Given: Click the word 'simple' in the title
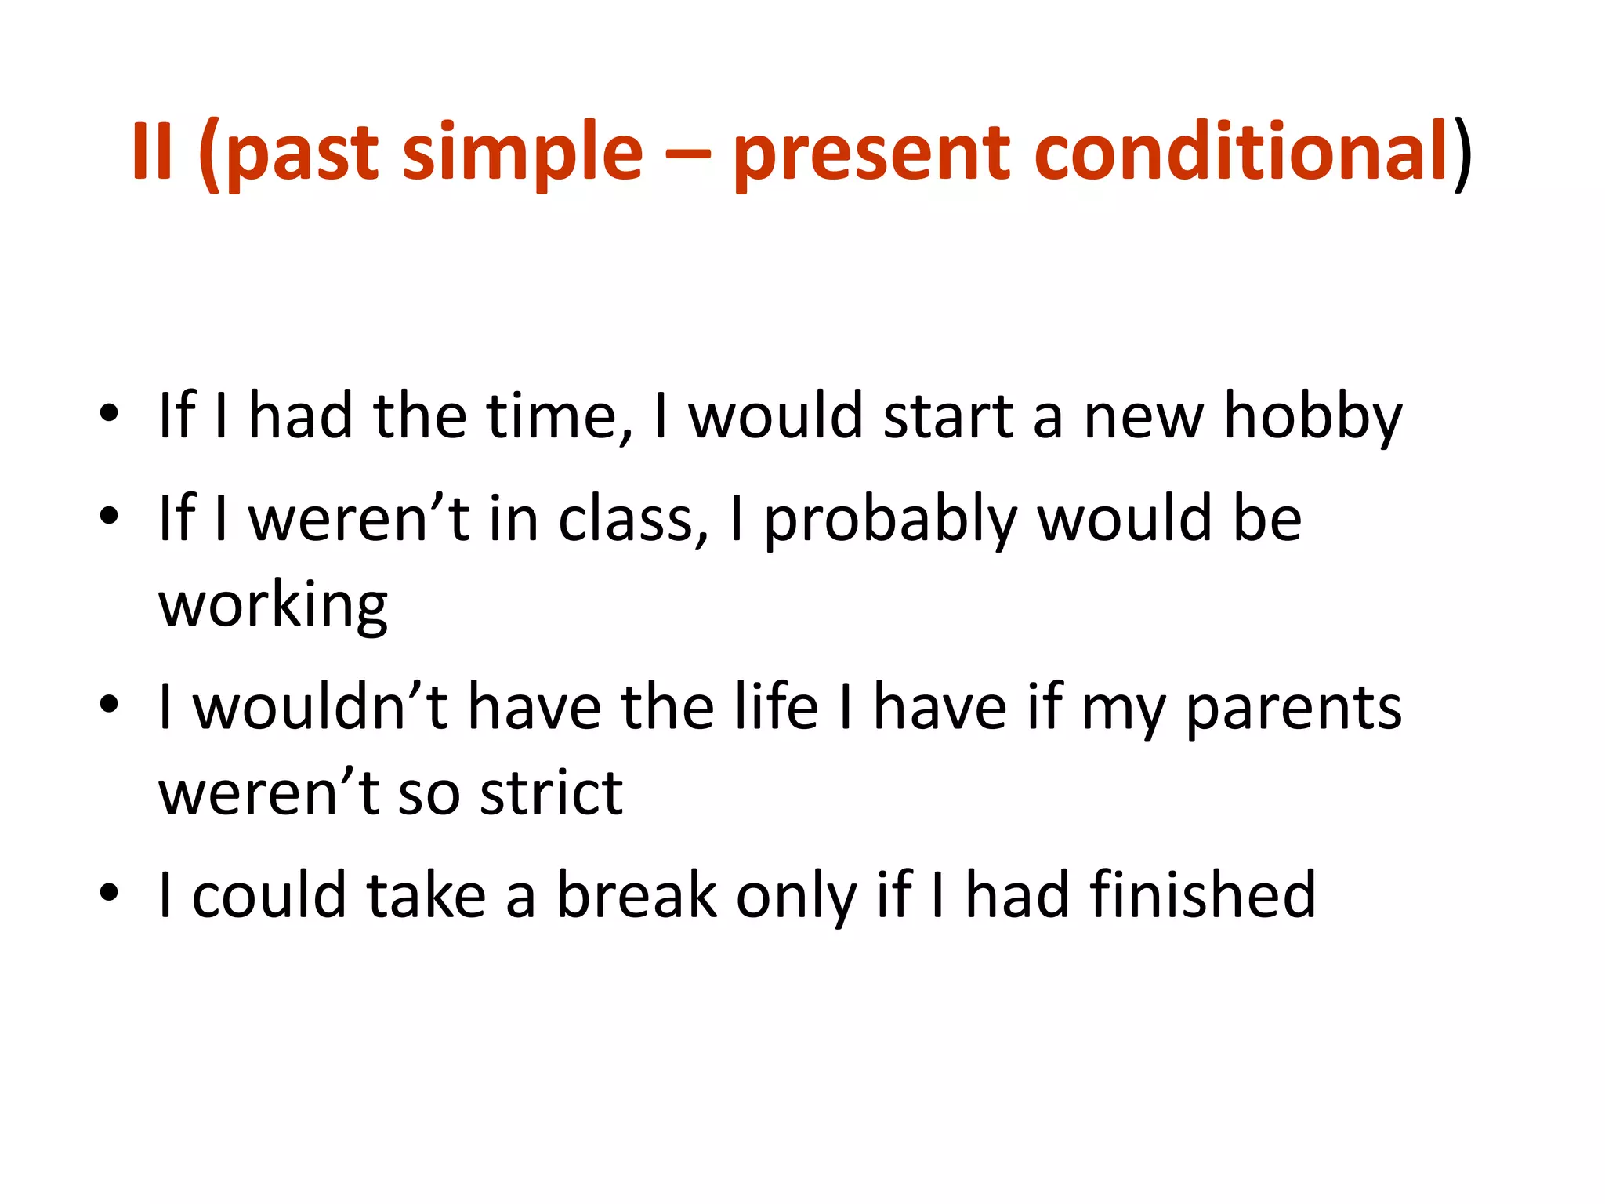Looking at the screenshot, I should tap(522, 153).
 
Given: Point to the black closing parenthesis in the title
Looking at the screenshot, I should tap(1462, 154).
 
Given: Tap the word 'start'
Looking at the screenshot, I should tap(948, 415).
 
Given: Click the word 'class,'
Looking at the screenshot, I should tap(633, 520).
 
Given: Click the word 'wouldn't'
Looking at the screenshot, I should tap(320, 707).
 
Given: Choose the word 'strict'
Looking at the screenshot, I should tap(551, 792).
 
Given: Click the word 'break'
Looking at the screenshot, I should tap(636, 895).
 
